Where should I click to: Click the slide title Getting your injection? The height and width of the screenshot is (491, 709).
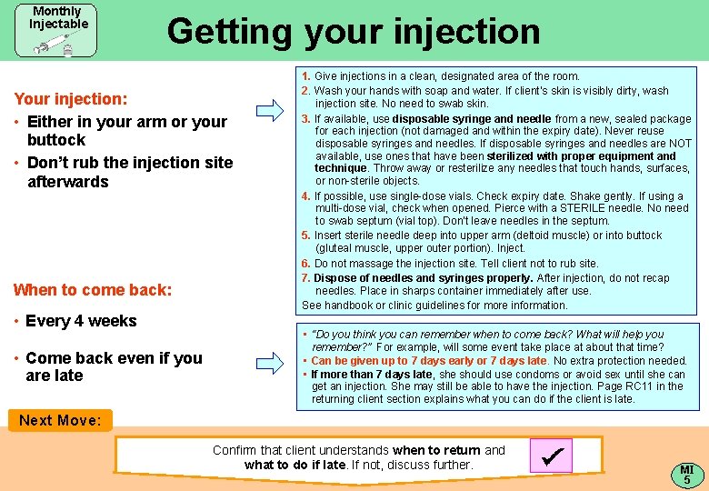click(x=353, y=31)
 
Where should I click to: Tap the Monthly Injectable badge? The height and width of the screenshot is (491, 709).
click(x=56, y=30)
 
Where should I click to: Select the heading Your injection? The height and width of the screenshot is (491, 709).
click(x=71, y=98)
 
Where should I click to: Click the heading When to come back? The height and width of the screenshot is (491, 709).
click(x=92, y=290)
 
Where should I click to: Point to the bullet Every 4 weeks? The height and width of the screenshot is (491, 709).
click(x=80, y=321)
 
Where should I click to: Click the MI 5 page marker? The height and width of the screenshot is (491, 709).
click(x=687, y=474)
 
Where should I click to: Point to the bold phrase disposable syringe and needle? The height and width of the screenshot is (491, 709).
click(x=472, y=119)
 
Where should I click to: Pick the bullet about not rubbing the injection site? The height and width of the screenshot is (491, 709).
click(x=130, y=172)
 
